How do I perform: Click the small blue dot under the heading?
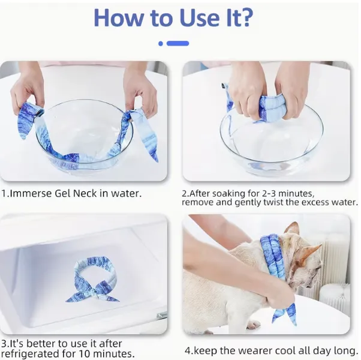pyautogui.click(x=161, y=43)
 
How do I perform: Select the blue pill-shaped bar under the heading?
pyautogui.click(x=178, y=43)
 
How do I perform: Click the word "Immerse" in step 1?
pyautogui.click(x=31, y=193)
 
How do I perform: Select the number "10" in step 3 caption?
pyautogui.click(x=85, y=353)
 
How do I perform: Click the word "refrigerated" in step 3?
pyautogui.click(x=32, y=353)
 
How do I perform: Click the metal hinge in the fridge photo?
pyautogui.click(x=162, y=315)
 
